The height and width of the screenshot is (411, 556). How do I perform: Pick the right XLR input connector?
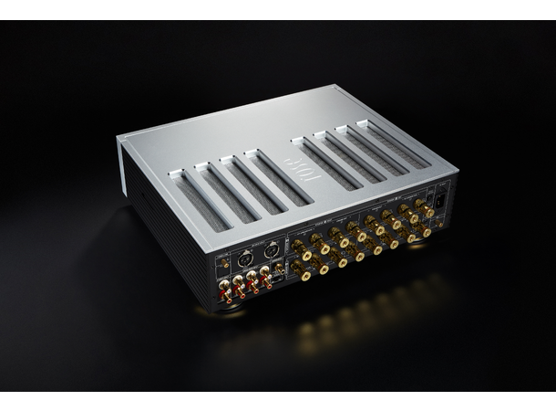coord(271,248)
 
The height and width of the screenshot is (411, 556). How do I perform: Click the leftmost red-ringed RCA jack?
coord(225,294)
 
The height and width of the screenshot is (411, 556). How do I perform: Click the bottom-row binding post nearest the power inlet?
coord(425,232)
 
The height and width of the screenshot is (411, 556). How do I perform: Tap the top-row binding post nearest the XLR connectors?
coord(299,248)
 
